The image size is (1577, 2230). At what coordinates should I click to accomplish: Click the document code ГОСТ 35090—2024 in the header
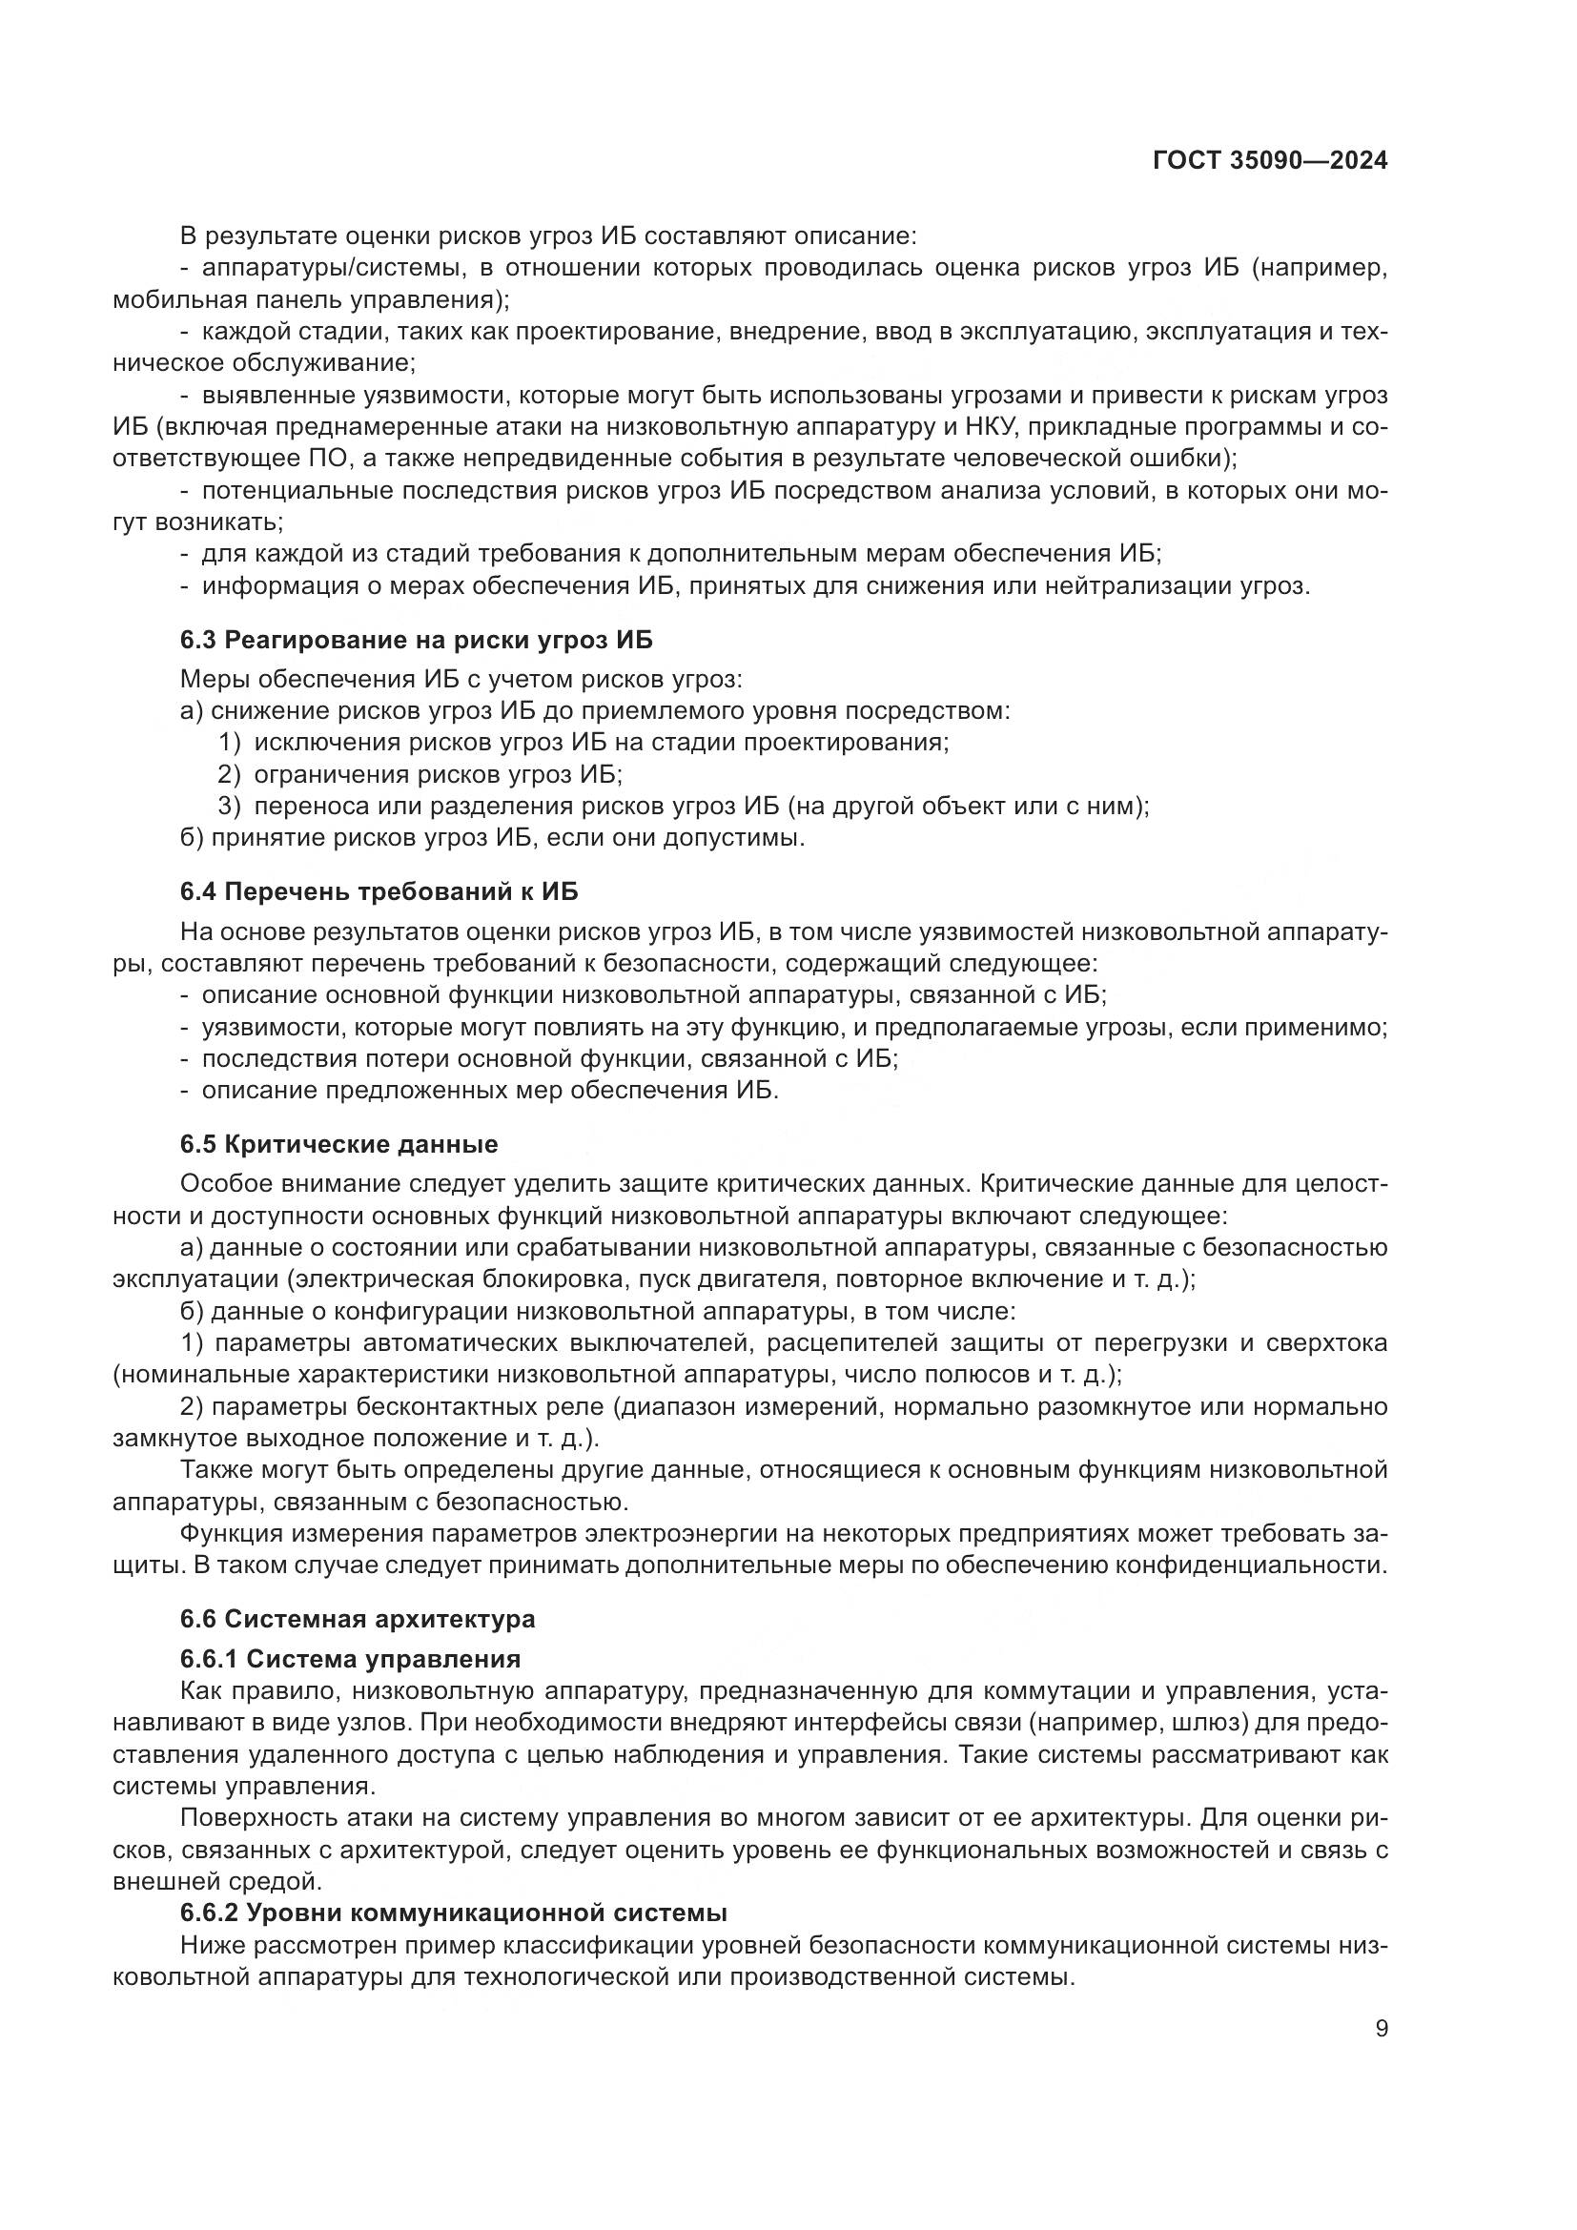tap(1269, 161)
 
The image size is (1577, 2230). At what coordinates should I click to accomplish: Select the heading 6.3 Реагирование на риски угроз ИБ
tap(416, 640)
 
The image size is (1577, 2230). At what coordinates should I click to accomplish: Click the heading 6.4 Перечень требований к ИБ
tap(379, 890)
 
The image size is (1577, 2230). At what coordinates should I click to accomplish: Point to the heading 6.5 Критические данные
tap(338, 1144)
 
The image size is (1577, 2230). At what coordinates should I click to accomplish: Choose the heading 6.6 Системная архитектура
tap(358, 1619)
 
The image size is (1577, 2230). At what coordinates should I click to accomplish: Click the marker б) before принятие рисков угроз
tap(193, 837)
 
